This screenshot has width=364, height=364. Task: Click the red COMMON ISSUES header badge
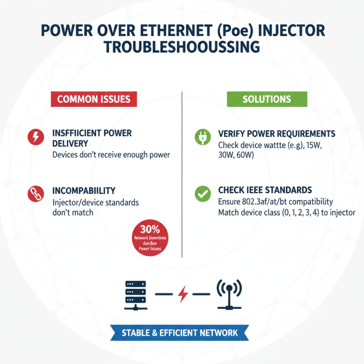tap(94, 99)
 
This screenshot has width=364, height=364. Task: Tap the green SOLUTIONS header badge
tap(267, 99)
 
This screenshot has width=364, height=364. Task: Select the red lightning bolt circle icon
tap(35, 137)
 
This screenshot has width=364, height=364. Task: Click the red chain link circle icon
tap(35, 194)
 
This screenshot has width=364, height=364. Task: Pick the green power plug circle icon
tap(201, 137)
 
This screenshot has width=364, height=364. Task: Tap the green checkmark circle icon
tap(201, 194)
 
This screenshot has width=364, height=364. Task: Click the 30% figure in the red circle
tap(150, 230)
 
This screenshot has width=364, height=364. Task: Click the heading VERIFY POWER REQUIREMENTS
tap(277, 134)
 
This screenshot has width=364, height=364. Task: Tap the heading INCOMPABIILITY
tap(84, 190)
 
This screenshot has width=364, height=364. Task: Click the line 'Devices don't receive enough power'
tap(111, 155)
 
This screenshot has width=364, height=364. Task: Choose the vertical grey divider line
tap(182, 173)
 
